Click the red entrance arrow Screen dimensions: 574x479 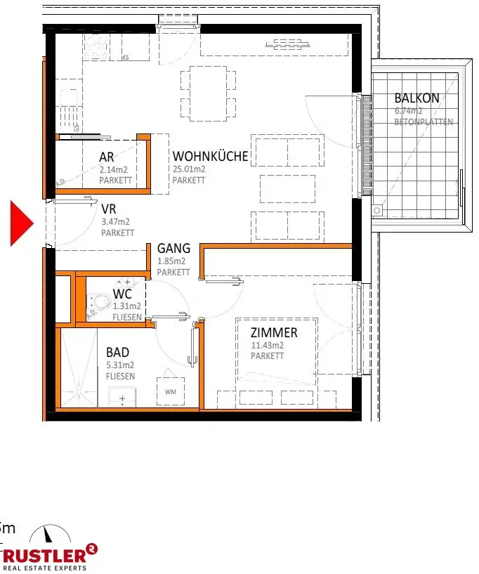point(21,223)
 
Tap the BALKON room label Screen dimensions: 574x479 point(416,98)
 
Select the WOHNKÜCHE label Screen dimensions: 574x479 point(211,156)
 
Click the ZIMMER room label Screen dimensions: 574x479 point(274,333)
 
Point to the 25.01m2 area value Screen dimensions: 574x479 point(189,169)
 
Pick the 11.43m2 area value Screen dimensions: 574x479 point(268,346)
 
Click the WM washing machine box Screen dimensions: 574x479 point(170,391)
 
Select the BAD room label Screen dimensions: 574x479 point(117,353)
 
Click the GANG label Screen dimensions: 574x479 point(173,248)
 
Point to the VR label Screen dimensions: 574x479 point(108,209)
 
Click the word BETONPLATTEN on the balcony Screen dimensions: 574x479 point(424,122)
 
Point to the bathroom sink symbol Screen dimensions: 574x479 point(123,398)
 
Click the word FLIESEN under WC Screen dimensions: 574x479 point(127,317)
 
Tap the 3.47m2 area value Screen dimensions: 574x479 point(115,222)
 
